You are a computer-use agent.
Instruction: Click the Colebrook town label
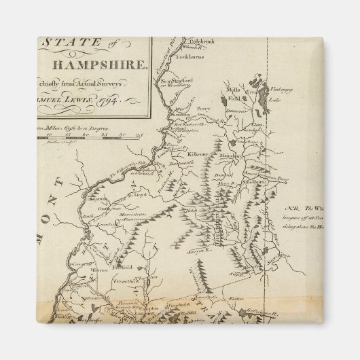click(196, 41)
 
